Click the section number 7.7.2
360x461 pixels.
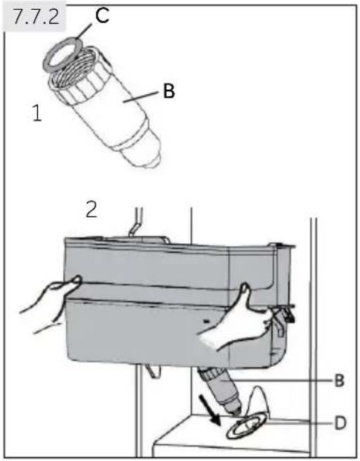point(36,18)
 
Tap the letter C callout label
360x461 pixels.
point(102,15)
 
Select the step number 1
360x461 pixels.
point(37,113)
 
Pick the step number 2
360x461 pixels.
point(91,209)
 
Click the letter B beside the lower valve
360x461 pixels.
point(339,381)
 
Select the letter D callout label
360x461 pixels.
point(340,423)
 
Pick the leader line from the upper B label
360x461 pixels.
point(141,97)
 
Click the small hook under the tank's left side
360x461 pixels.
point(153,371)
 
